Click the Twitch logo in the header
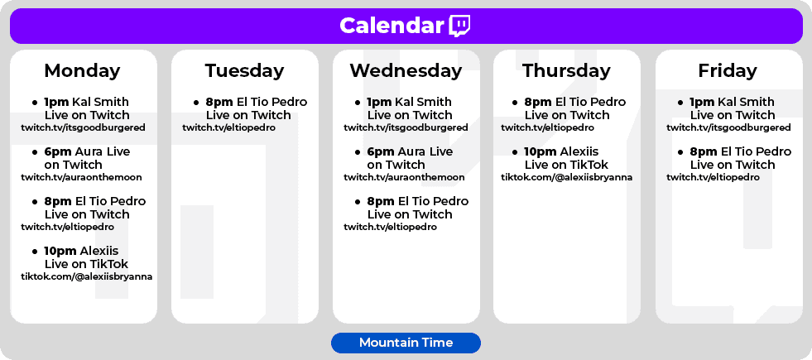[460, 26]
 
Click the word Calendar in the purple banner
[392, 26]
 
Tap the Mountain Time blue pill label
[406, 343]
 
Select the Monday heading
[82, 70]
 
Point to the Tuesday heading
[244, 70]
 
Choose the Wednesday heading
[406, 70]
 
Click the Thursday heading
[566, 70]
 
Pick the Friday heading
[728, 70]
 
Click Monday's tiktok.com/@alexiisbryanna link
[86, 276]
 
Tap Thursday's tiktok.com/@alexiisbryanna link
[566, 177]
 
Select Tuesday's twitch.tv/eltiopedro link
[229, 127]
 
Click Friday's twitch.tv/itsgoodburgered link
[728, 127]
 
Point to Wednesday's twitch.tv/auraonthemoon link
[404, 177]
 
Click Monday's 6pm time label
[58, 152]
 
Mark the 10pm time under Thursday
[540, 151]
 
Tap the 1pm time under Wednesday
[380, 102]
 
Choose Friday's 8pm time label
[704, 152]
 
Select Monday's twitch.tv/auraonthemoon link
[81, 177]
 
